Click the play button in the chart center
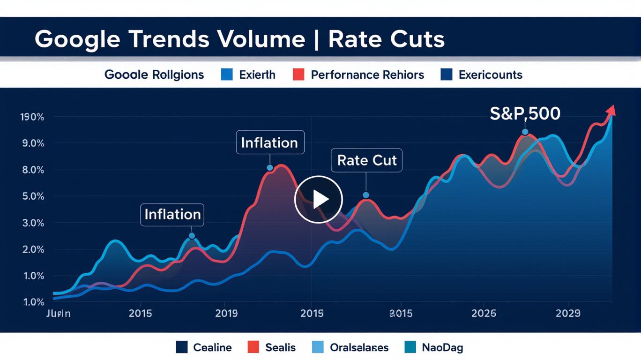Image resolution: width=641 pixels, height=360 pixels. click(x=319, y=199)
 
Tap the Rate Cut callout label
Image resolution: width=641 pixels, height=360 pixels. click(x=366, y=160)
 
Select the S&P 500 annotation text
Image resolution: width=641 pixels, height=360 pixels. click(x=525, y=113)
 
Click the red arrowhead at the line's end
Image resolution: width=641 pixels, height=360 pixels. click(x=611, y=111)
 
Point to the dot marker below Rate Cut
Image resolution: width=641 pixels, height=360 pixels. click(x=366, y=195)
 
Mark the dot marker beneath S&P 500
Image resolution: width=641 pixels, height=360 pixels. click(x=525, y=132)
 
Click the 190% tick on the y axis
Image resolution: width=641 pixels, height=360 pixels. click(x=32, y=117)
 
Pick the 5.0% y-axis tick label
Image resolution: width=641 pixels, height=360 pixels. click(x=32, y=196)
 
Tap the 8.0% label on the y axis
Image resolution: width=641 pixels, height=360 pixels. click(x=32, y=170)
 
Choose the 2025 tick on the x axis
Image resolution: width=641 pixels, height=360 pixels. click(x=484, y=313)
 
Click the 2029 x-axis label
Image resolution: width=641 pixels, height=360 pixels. click(x=568, y=313)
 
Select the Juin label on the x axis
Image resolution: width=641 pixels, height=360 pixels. click(x=59, y=313)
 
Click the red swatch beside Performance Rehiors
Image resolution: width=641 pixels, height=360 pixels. click(x=298, y=75)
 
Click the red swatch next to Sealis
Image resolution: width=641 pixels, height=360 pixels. click(x=253, y=347)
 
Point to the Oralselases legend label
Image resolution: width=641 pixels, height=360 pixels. click(x=359, y=347)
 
